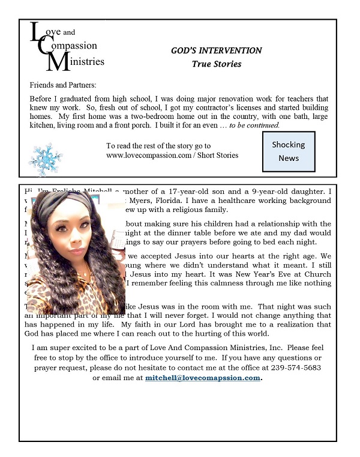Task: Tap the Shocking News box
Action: coord(288,151)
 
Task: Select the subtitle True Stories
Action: coord(216,64)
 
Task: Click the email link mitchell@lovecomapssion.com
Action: coord(203,378)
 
